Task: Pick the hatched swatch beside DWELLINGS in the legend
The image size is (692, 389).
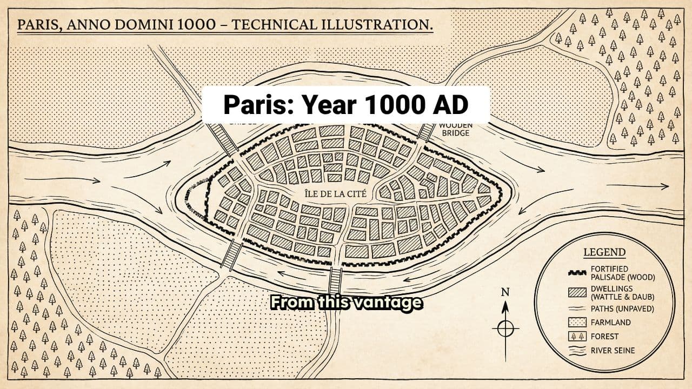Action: pyautogui.click(x=577, y=293)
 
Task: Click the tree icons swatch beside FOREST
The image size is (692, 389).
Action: pyautogui.click(x=577, y=337)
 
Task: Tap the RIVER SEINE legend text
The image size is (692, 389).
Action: pyautogui.click(x=613, y=350)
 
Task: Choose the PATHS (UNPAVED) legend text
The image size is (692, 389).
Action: pyautogui.click(x=622, y=309)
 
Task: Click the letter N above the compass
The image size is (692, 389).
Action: pyautogui.click(x=505, y=292)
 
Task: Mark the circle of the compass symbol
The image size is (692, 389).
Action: pyautogui.click(x=505, y=328)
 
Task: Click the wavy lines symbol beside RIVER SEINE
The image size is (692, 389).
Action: pyautogui.click(x=577, y=350)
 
